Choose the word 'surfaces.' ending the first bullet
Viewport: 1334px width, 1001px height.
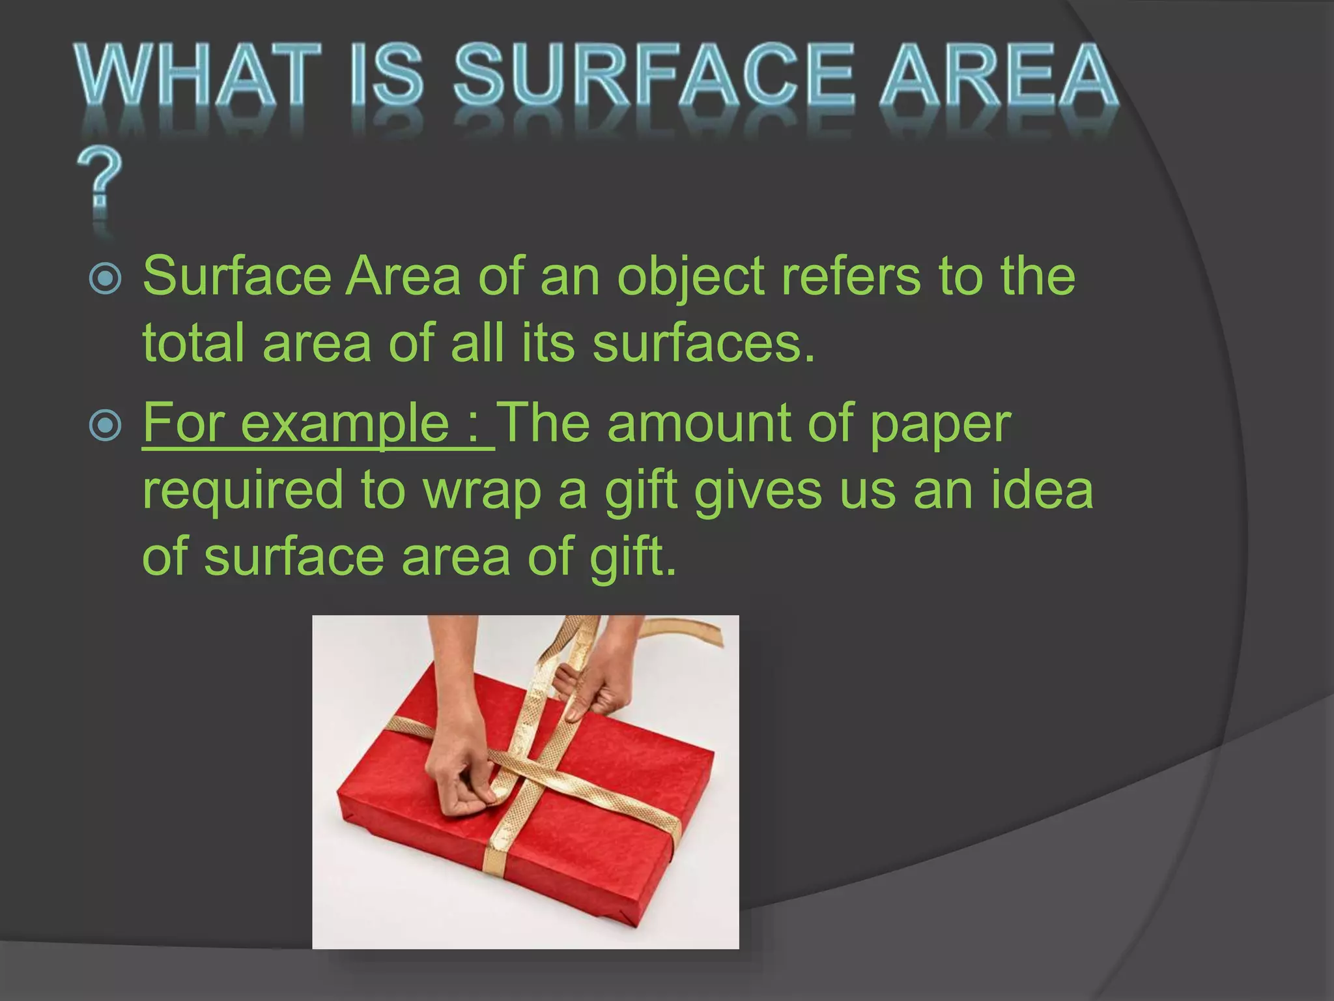point(703,343)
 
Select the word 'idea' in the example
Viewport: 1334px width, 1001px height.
point(1042,490)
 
